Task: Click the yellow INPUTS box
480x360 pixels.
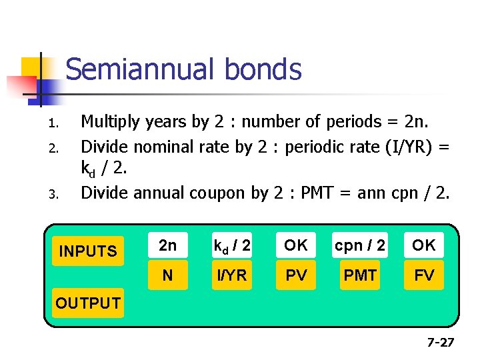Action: [88, 251]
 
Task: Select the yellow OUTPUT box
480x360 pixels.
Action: [88, 303]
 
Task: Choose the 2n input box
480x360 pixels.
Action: [167, 245]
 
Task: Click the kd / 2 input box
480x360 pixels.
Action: [231, 245]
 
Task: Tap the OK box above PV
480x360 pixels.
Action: [296, 245]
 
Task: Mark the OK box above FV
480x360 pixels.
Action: [423, 245]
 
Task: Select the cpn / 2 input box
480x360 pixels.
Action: [360, 245]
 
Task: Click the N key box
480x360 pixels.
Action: [167, 275]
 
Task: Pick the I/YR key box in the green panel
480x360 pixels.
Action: [231, 275]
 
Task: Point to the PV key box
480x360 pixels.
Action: [296, 275]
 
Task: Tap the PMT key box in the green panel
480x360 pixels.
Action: [360, 275]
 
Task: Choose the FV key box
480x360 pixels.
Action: [423, 275]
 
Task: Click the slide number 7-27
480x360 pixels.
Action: [440, 343]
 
